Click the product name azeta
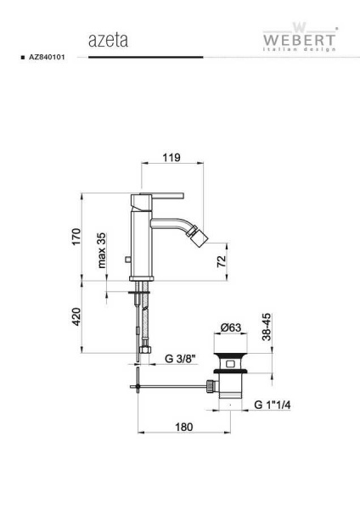coord(108,41)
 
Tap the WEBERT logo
coord(299,36)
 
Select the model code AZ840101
coord(47,57)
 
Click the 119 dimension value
coord(172,158)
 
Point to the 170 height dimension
coord(76,237)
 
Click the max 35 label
coord(102,250)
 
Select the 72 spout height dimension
coord(221,261)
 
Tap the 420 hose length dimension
coord(76,316)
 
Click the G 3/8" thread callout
coord(181,359)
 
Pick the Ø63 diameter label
coord(231,327)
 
